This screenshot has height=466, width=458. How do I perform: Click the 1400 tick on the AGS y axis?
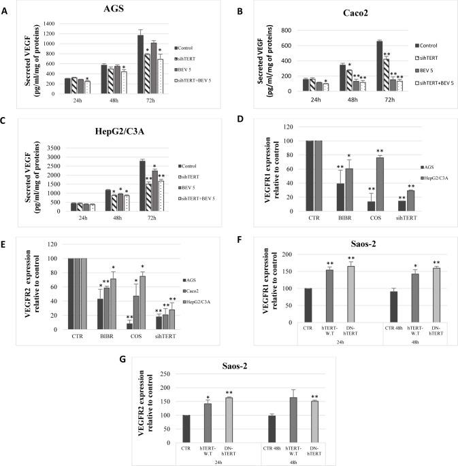pos(49,24)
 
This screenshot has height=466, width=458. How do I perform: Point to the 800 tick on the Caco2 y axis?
pos(289,31)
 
